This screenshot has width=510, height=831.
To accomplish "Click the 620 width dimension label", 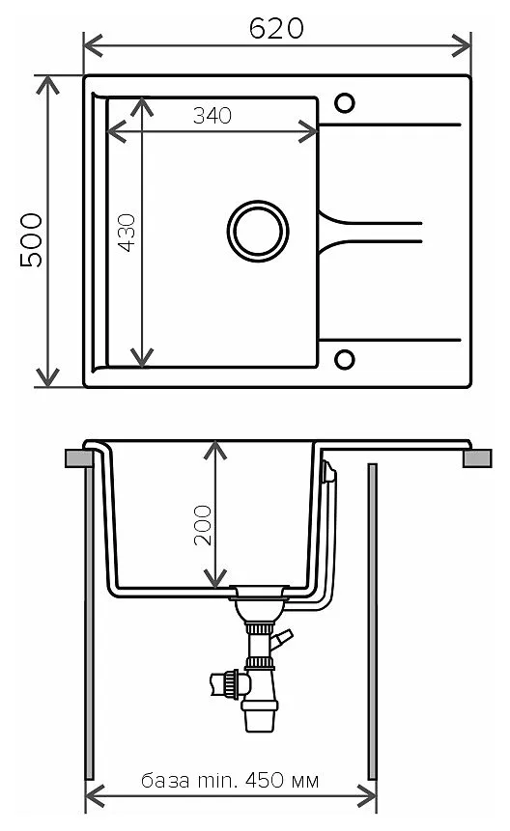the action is pos(276,28).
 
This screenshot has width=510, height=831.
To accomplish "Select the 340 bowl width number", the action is pos(212,116).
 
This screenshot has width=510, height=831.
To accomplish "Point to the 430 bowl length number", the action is pos(127,233).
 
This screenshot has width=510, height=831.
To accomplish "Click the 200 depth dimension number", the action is pos(203,525).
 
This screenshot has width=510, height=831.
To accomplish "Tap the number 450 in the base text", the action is pos(265,780).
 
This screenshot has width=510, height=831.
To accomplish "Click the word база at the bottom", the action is pos(165,781).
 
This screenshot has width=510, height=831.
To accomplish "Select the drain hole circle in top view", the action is pos(258,231).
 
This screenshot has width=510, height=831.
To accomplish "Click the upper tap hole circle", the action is pos(345,103).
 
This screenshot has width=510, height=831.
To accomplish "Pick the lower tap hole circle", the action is pos(345,359).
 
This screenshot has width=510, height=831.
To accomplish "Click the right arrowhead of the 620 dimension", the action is pos(462,45).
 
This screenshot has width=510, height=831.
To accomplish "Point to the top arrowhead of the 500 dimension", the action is pos(47,85).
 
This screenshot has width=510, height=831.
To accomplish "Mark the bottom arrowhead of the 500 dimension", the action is pos(47,378).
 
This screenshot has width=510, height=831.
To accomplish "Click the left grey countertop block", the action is pos(79,458).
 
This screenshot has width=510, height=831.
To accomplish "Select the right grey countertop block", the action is pos(477,458).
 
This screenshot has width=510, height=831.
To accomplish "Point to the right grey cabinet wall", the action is pos(372,622).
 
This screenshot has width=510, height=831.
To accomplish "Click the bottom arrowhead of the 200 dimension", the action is pos(215,579).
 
